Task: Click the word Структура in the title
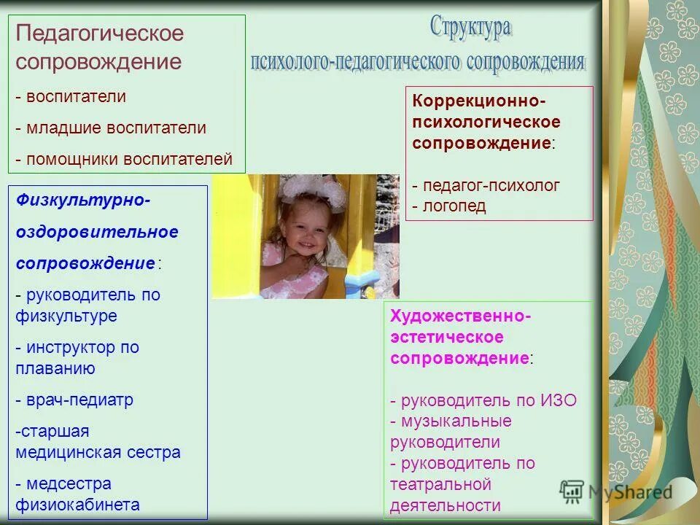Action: [x=470, y=28]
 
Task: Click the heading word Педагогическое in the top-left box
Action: [x=100, y=34]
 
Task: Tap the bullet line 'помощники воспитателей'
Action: [x=124, y=158]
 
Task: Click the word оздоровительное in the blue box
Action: [x=97, y=232]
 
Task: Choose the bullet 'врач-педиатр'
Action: [x=74, y=400]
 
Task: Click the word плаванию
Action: [x=55, y=369]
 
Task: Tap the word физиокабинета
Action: [x=77, y=505]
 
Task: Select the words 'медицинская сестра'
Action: [x=98, y=452]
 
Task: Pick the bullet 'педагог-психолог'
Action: [x=486, y=186]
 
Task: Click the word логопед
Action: [x=454, y=206]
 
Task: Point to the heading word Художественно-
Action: [x=460, y=316]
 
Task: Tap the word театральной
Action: [x=440, y=484]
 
